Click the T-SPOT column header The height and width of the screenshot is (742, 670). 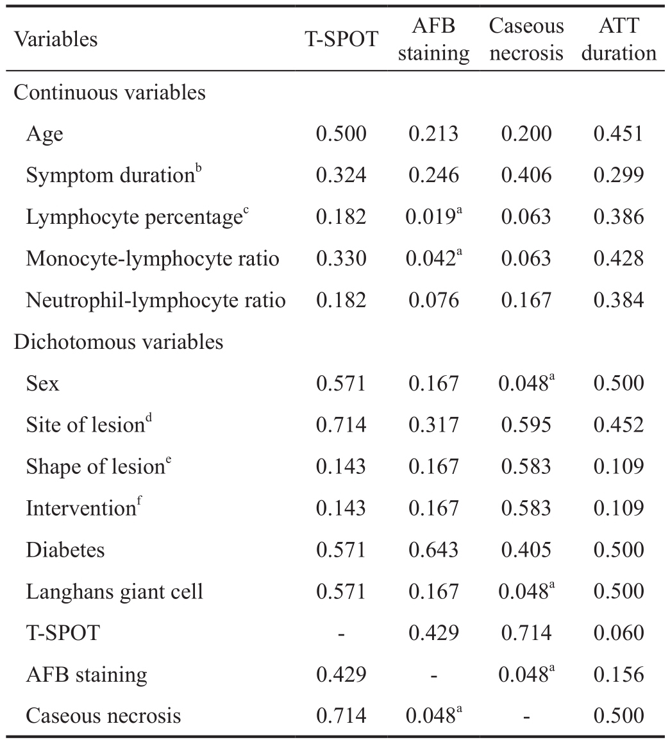coord(341,39)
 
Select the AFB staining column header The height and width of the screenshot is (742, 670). coord(433,39)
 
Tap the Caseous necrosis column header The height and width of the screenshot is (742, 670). coord(526,39)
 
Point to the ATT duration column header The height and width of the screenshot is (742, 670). coord(619,39)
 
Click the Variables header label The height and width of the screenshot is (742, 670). coord(56,39)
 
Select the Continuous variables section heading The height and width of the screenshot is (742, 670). coord(110,92)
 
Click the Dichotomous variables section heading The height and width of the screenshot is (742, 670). coord(118,342)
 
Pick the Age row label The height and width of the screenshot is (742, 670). coord(44,135)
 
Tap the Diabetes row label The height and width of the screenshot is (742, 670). coord(65,550)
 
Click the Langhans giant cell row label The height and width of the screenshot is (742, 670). coord(115,591)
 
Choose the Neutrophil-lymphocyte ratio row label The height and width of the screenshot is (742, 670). coord(156,301)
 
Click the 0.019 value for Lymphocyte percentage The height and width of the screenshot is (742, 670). coord(431,217)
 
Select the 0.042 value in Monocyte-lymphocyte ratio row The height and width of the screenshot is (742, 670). coord(431,258)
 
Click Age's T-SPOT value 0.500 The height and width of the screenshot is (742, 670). coord(341,134)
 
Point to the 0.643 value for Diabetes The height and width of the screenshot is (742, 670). coord(433,550)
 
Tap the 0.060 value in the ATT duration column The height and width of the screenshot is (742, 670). coord(619,633)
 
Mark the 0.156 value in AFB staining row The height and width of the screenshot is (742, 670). coord(619,674)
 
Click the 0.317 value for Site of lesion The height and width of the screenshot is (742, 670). coord(433,425)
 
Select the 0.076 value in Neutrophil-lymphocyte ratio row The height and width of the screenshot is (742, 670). coord(433,300)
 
